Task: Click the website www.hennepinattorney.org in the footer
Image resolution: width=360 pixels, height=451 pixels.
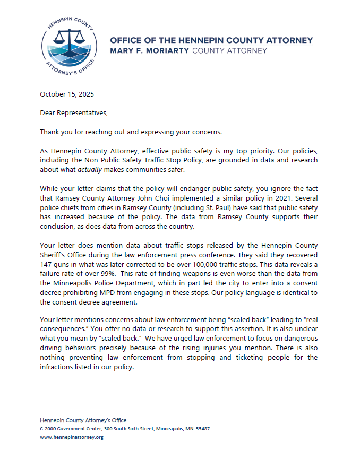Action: click(72, 437)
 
